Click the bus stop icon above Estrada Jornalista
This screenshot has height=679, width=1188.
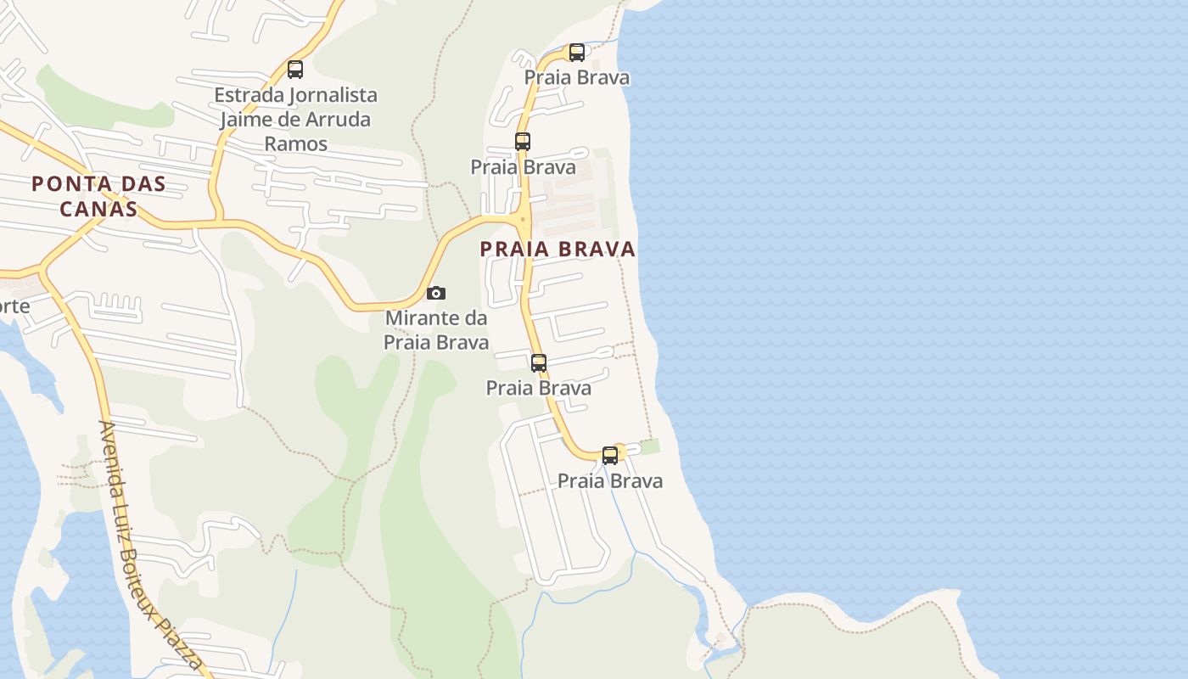point(295,70)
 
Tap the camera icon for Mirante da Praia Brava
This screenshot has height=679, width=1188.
point(436,293)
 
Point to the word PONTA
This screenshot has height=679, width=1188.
point(72,183)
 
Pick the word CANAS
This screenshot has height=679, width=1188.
point(98,208)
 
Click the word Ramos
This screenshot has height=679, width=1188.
point(295,143)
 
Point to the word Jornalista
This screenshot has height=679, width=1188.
point(330,94)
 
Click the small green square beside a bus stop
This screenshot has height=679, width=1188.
point(649,446)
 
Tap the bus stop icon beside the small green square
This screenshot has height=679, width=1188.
point(610,455)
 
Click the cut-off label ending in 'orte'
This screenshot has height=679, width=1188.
point(14,306)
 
